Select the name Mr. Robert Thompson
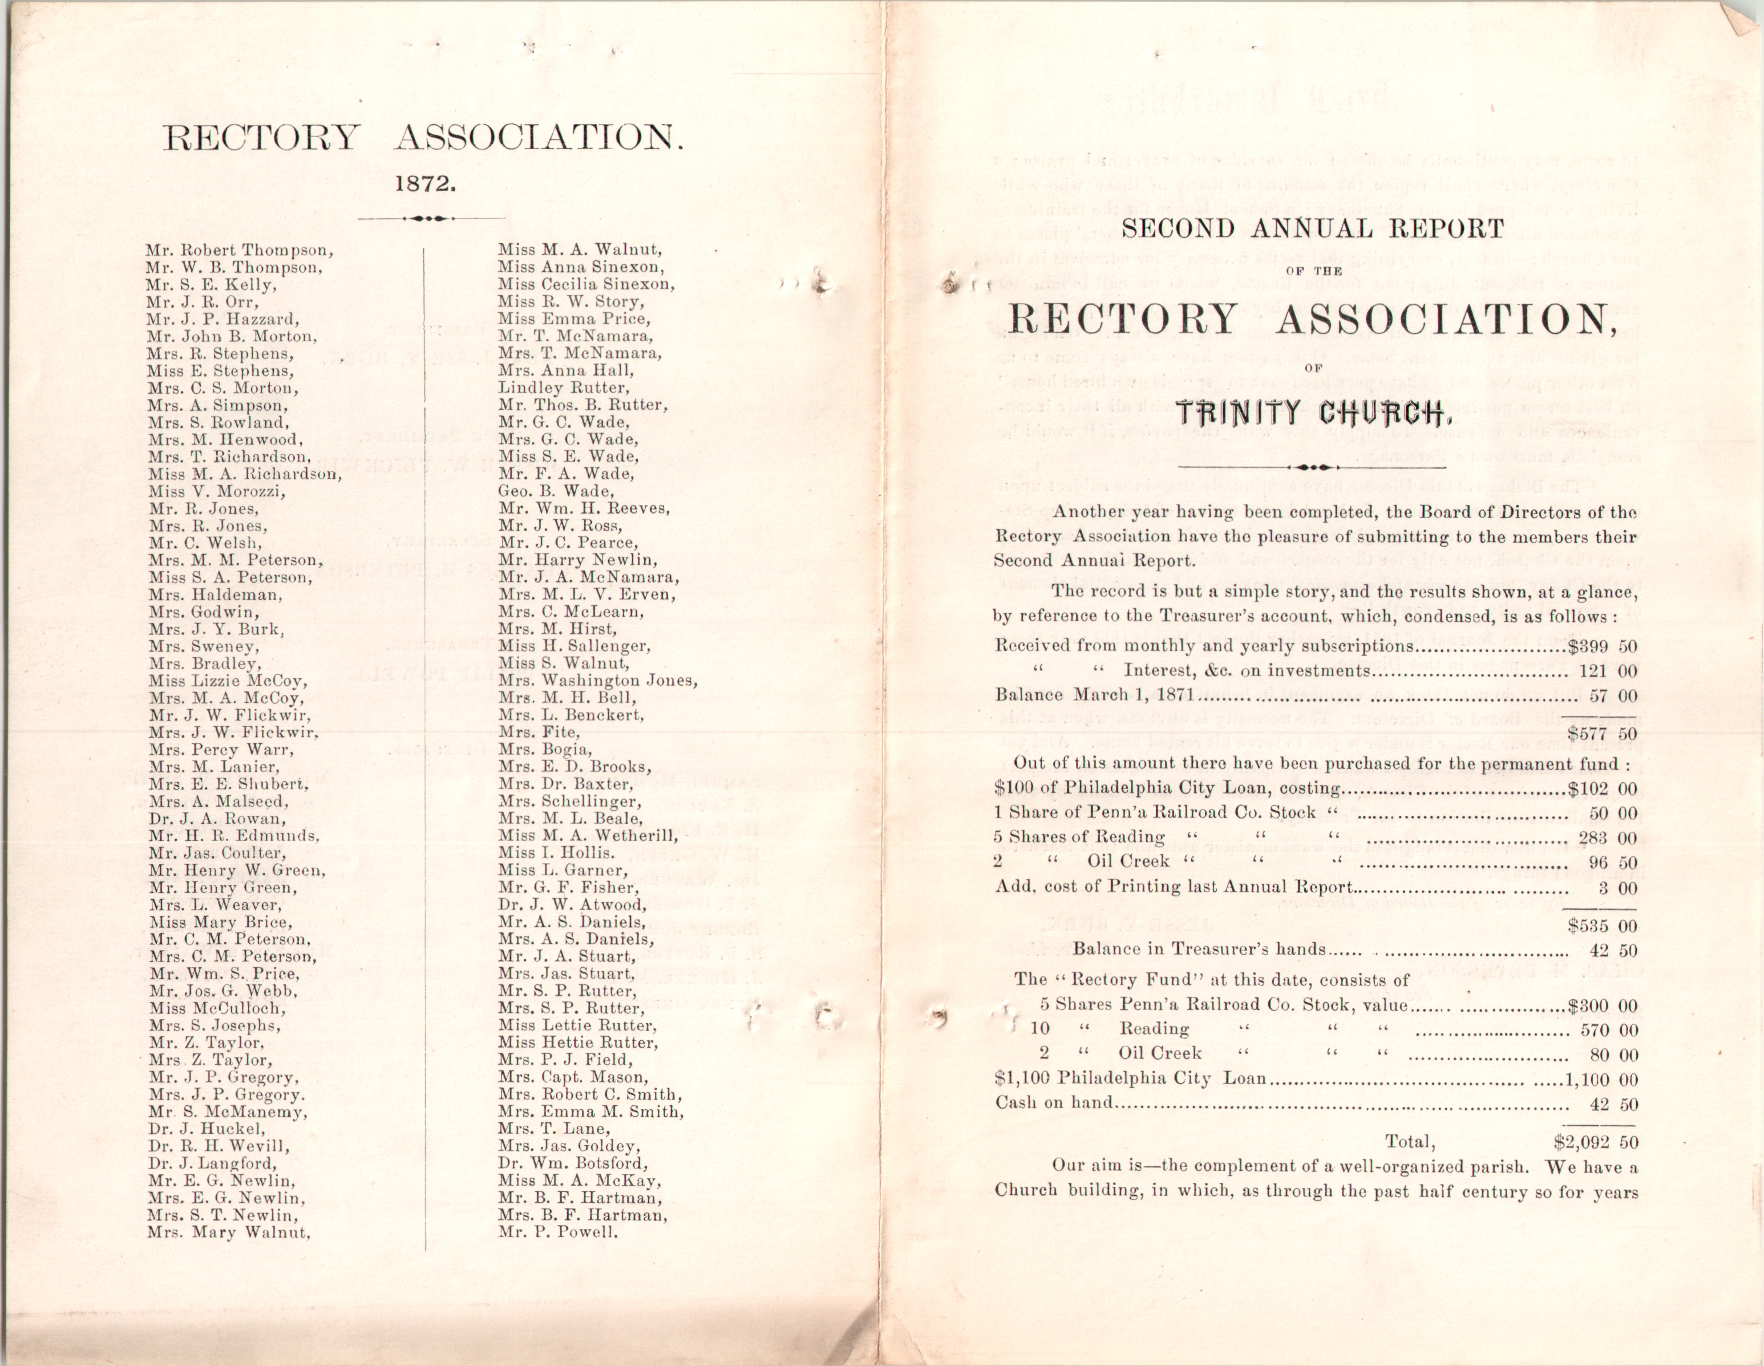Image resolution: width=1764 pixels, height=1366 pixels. tap(240, 250)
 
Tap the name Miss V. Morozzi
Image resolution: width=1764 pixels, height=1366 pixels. tap(216, 492)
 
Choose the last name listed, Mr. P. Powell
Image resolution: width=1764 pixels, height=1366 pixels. tap(558, 1232)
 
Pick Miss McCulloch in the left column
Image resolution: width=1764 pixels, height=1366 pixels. tap(216, 1008)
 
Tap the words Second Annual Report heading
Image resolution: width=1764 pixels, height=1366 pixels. tap(1313, 229)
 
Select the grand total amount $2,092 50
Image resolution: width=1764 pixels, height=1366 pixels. tap(1595, 1143)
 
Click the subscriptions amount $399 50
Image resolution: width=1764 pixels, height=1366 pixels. tap(1601, 646)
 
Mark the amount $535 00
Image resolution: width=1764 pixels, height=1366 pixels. tap(1601, 925)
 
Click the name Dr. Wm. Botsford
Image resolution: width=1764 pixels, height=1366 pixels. tap(573, 1163)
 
